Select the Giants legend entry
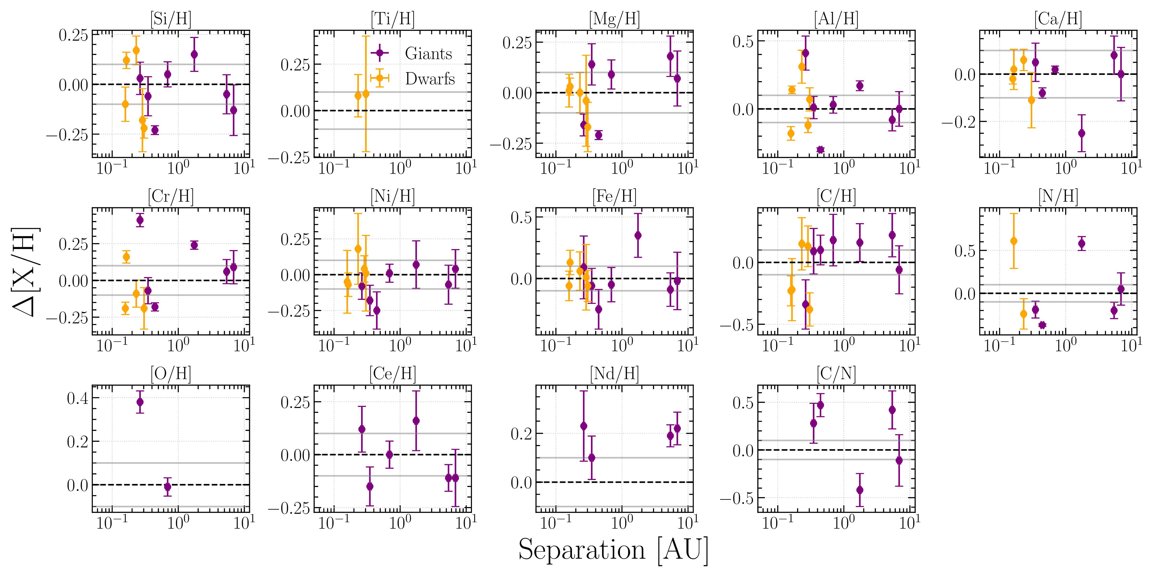click(428, 54)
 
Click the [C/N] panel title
click(836, 374)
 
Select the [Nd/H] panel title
click(614, 374)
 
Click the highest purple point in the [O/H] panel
click(140, 402)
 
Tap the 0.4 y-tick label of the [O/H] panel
click(77, 398)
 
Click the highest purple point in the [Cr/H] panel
click(140, 220)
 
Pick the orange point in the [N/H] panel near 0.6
click(1014, 241)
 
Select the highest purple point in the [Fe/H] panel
click(638, 235)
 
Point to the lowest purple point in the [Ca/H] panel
click(1081, 133)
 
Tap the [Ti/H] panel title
click(392, 19)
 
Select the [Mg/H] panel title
click(614, 19)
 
